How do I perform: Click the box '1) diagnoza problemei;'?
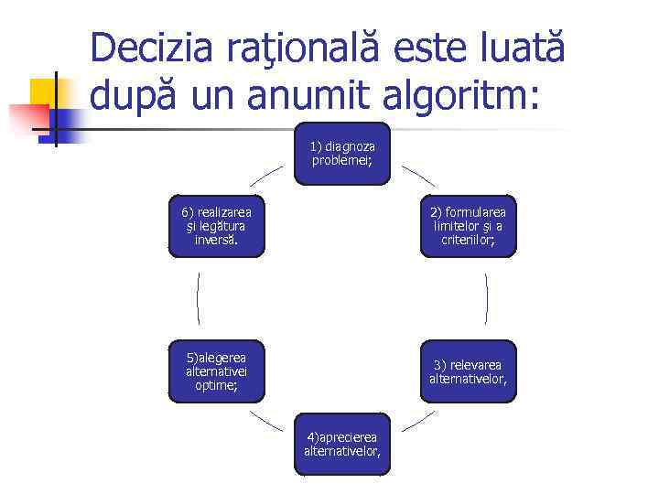pos(342,154)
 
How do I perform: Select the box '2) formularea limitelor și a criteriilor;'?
pos(469,226)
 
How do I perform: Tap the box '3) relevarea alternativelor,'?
pos(468,371)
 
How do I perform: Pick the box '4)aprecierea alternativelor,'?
pos(342,444)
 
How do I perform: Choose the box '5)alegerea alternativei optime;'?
pos(216,371)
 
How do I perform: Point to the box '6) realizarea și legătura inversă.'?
pos(216,226)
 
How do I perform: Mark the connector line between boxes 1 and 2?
pos(418,177)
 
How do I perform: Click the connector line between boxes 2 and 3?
pos(486,298)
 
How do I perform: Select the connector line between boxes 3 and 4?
pos(418,420)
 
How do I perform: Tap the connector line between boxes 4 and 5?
pos(266,420)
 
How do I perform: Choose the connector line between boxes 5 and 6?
pos(198,298)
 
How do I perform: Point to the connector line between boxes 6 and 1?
pos(266,177)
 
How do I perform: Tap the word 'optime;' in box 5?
pos(216,386)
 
